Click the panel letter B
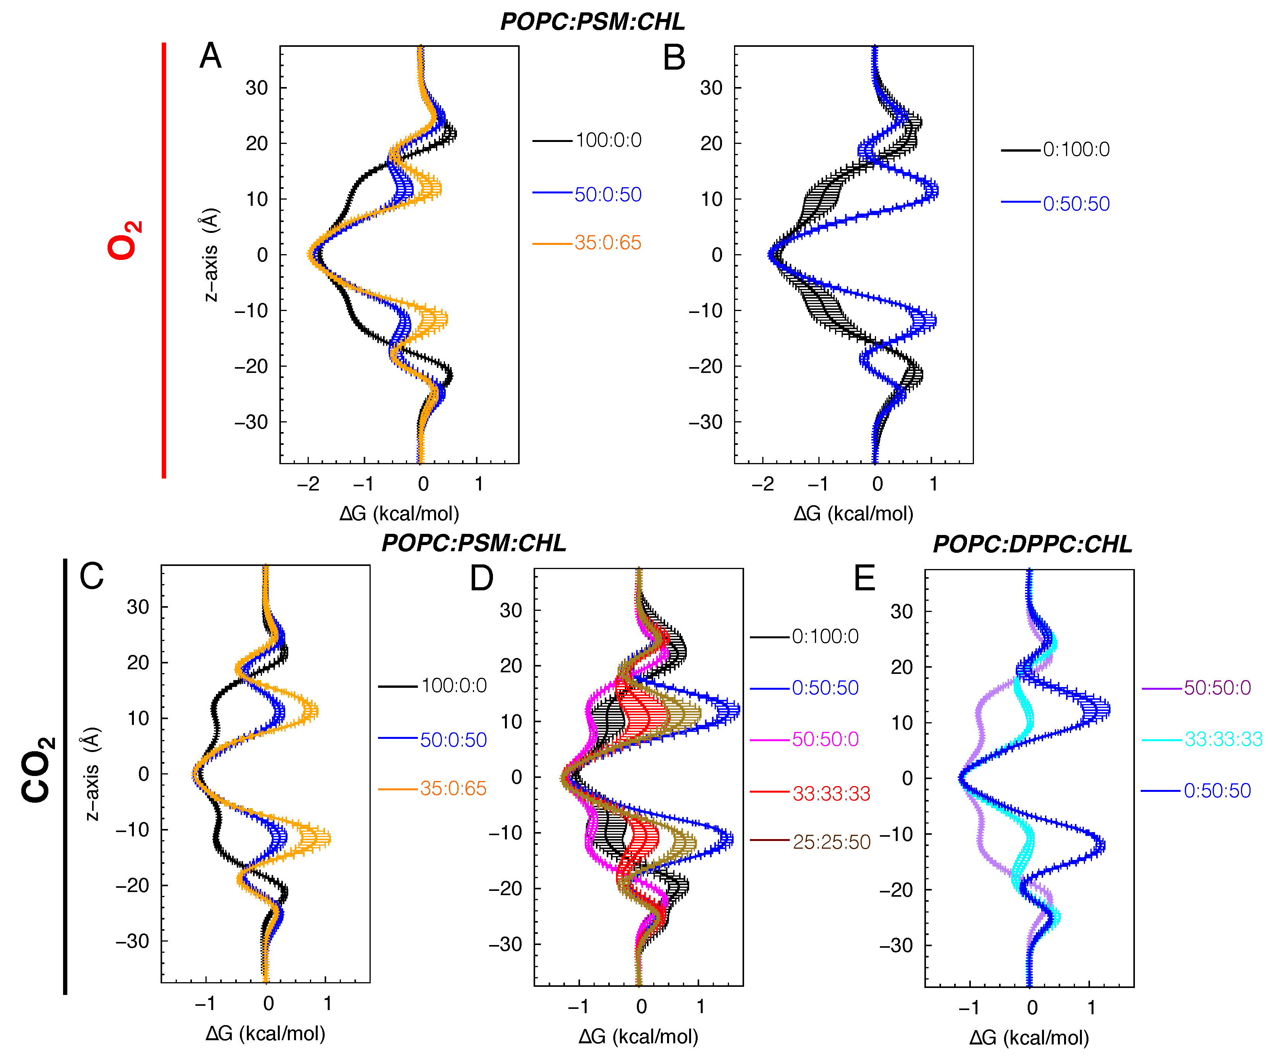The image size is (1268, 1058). [x=674, y=58]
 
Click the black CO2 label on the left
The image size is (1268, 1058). [x=38, y=769]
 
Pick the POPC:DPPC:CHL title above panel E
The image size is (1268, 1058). [x=1032, y=544]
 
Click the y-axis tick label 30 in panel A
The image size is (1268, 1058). [x=257, y=88]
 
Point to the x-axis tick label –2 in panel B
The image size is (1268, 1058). [x=763, y=484]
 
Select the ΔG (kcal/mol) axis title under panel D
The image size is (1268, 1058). [x=638, y=1037]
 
